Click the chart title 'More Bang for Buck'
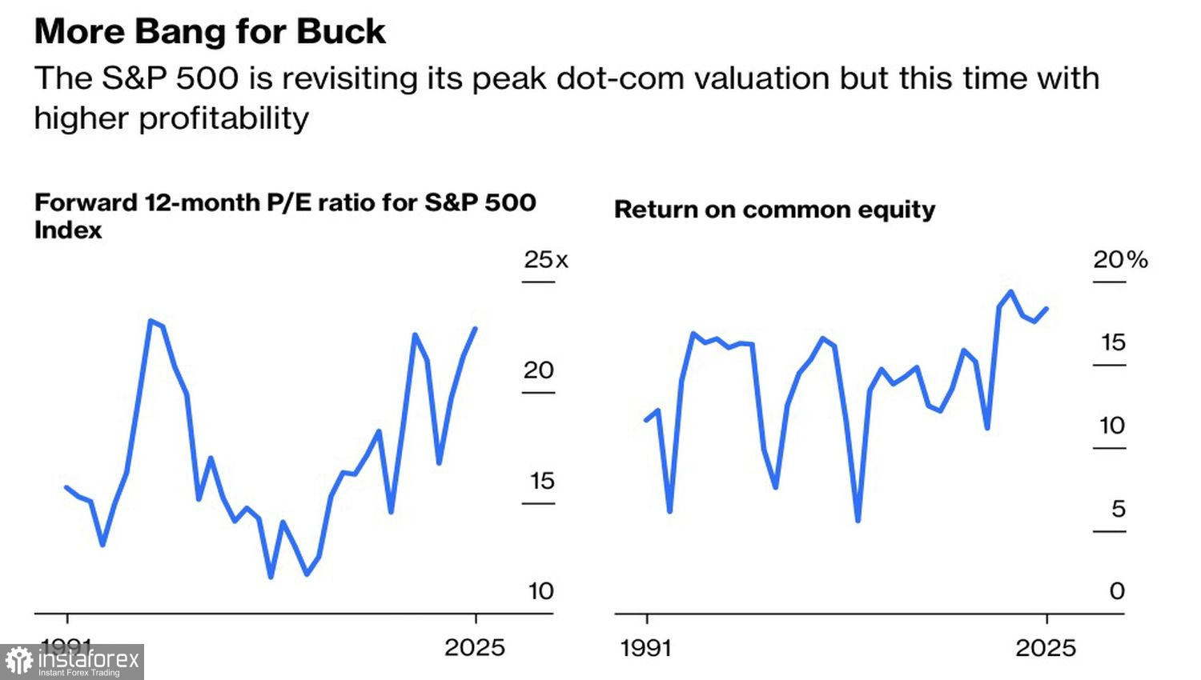(210, 32)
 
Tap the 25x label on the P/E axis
(545, 259)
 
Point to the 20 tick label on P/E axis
(538, 370)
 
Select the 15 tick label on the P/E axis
(541, 481)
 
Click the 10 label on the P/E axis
(540, 591)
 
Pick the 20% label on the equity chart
(1119, 259)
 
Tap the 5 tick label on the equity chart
(1118, 509)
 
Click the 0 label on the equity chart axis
(1117, 591)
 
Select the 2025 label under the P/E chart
(475, 647)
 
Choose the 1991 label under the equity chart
(645, 647)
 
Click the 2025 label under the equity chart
(1046, 647)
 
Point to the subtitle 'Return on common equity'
(774, 210)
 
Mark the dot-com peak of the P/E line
(151, 321)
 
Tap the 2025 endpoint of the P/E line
(476, 328)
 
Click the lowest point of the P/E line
(271, 577)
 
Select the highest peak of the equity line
(1010, 291)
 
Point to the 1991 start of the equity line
(646, 420)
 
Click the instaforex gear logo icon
(18, 662)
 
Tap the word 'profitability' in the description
(223, 118)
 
